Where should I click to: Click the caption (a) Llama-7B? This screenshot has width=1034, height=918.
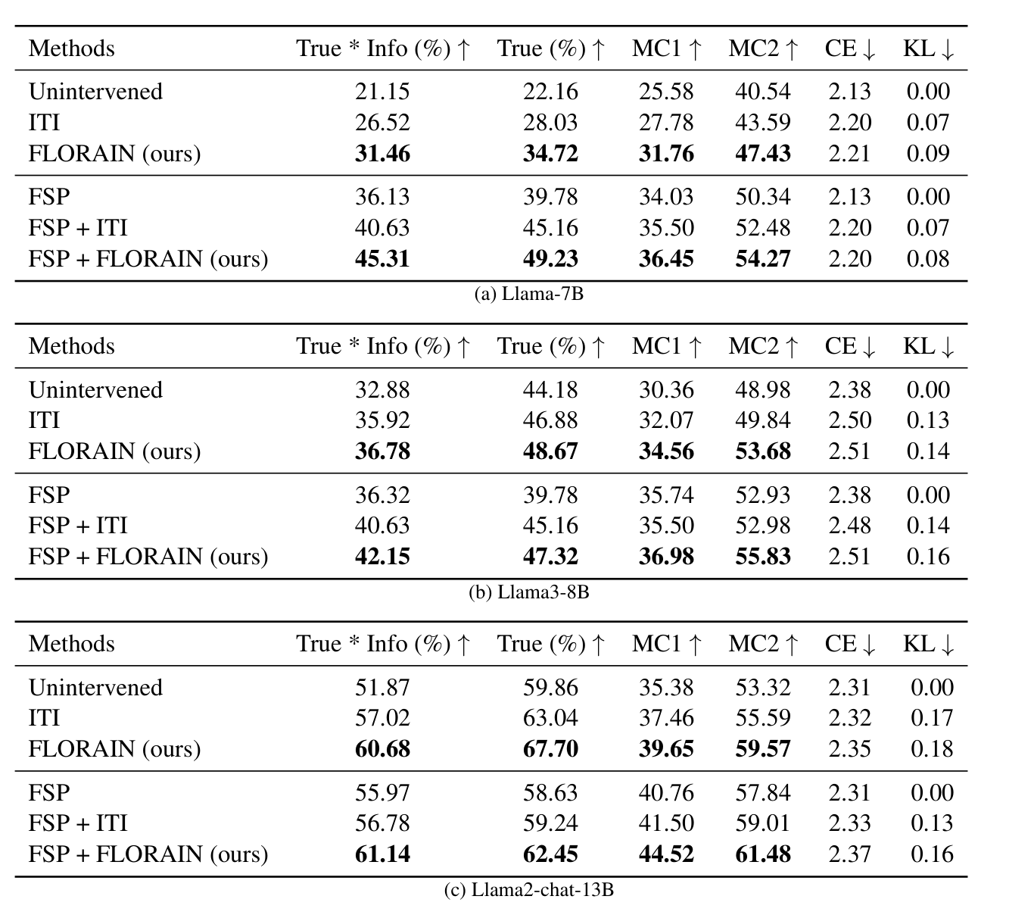[x=528, y=294]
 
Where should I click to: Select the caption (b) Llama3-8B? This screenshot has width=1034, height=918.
[x=528, y=592]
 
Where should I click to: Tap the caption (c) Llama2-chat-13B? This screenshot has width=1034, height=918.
[x=528, y=890]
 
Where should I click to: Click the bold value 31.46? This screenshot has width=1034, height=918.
[x=382, y=154]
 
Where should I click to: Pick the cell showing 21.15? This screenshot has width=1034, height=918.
[x=382, y=92]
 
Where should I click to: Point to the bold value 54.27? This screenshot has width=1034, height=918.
[x=762, y=259]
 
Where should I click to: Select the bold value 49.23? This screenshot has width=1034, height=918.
[x=550, y=259]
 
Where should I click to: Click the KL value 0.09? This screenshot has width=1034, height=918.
[x=927, y=154]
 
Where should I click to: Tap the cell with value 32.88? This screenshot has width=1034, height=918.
[x=382, y=390]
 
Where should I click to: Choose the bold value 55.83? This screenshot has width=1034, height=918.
[x=762, y=557]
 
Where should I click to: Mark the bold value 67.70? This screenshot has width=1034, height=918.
[x=550, y=749]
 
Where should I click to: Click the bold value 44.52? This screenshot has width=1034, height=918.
[x=666, y=854]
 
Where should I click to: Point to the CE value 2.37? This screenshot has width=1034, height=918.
[x=849, y=854]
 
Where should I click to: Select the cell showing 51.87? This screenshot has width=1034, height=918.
[x=382, y=688]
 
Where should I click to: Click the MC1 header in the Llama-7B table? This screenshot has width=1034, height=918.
[x=666, y=48]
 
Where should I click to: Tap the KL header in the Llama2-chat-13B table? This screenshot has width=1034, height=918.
[x=928, y=644]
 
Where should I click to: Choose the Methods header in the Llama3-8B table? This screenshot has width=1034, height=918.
[x=72, y=346]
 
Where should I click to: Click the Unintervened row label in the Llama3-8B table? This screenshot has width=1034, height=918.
[x=95, y=390]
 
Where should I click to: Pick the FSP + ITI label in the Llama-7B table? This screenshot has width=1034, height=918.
[x=78, y=228]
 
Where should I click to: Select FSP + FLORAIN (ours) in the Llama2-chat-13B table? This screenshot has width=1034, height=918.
[x=148, y=854]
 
